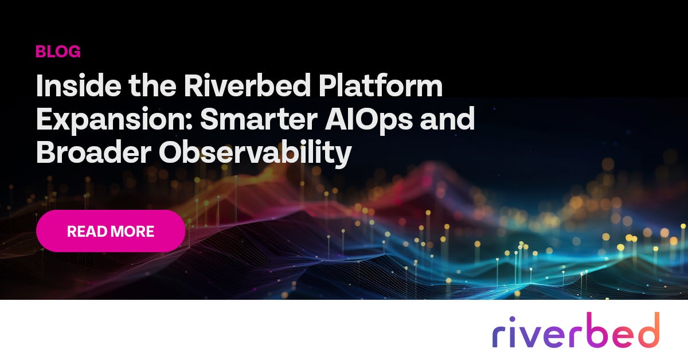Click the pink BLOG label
pos(58,51)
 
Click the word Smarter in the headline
pos(259,119)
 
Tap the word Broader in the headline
pos(93,152)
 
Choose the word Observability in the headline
pos(255,153)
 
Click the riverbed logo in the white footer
pos(576,330)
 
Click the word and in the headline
pos(448,119)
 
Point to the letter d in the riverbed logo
pos(646,330)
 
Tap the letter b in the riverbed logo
pos(596,330)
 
